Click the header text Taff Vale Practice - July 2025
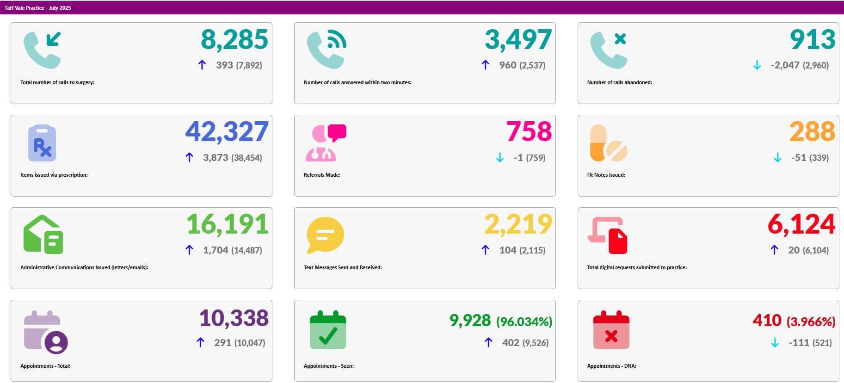(x=37, y=8)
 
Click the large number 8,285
(x=234, y=40)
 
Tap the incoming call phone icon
(x=42, y=50)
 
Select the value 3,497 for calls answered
(x=518, y=40)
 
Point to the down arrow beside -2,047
(x=757, y=65)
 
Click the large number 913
(x=813, y=40)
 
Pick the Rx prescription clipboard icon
(x=42, y=143)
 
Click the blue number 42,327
(x=227, y=132)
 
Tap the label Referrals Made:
(x=322, y=175)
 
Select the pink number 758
(x=529, y=132)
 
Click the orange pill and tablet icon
(x=608, y=143)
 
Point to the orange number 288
(x=812, y=132)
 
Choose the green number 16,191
(x=228, y=225)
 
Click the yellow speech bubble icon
(x=325, y=235)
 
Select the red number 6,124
(x=801, y=225)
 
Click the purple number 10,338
(x=234, y=318)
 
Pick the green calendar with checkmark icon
(x=328, y=330)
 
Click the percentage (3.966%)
(x=811, y=321)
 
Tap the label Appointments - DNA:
(x=611, y=366)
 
